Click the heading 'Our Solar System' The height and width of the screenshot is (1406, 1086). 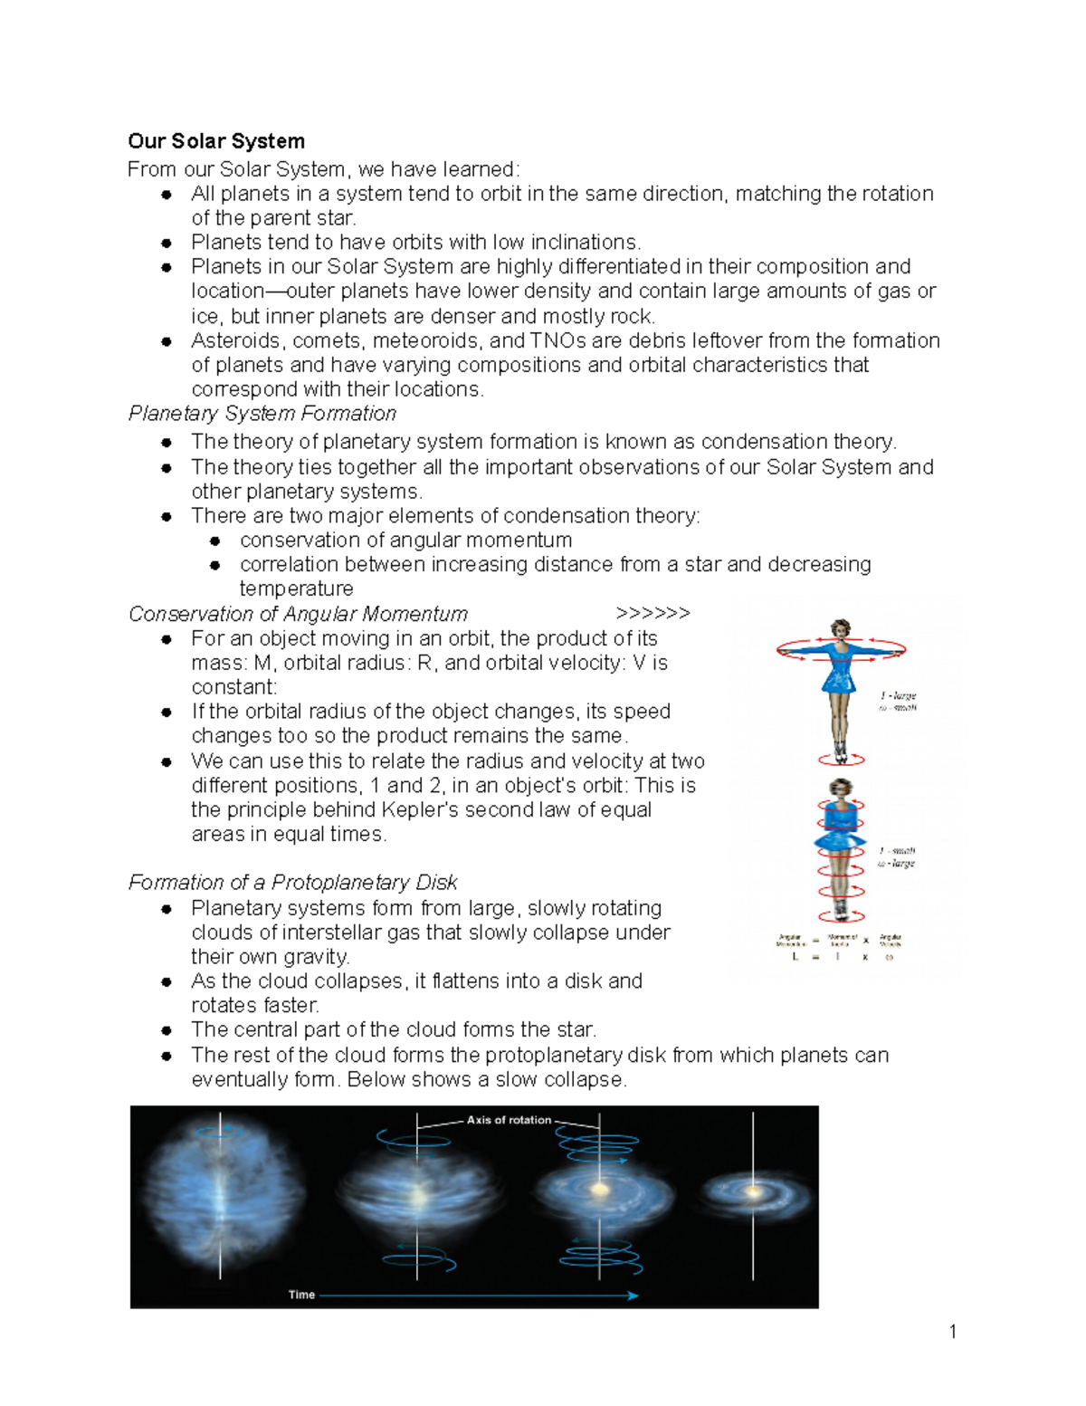[x=216, y=141]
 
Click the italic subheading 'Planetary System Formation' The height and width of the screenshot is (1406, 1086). [x=262, y=414]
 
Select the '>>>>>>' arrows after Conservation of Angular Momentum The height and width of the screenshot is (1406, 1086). [x=653, y=614]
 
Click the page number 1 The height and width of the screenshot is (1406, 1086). [x=953, y=1331]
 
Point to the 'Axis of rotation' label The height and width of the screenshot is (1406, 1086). [x=509, y=1120]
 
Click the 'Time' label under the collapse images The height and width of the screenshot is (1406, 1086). [x=301, y=1295]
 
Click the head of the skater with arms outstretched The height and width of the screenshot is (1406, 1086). [x=841, y=628]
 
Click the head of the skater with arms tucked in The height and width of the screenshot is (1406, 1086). [x=841, y=788]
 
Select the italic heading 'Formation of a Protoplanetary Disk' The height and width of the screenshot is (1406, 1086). [x=292, y=883]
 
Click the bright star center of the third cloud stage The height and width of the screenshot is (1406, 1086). [x=598, y=1188]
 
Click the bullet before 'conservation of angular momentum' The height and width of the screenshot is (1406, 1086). [x=215, y=540]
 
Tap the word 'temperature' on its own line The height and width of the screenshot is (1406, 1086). [x=296, y=589]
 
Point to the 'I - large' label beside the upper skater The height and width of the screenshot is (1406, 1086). [x=898, y=695]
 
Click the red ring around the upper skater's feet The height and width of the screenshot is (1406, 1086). [x=842, y=759]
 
